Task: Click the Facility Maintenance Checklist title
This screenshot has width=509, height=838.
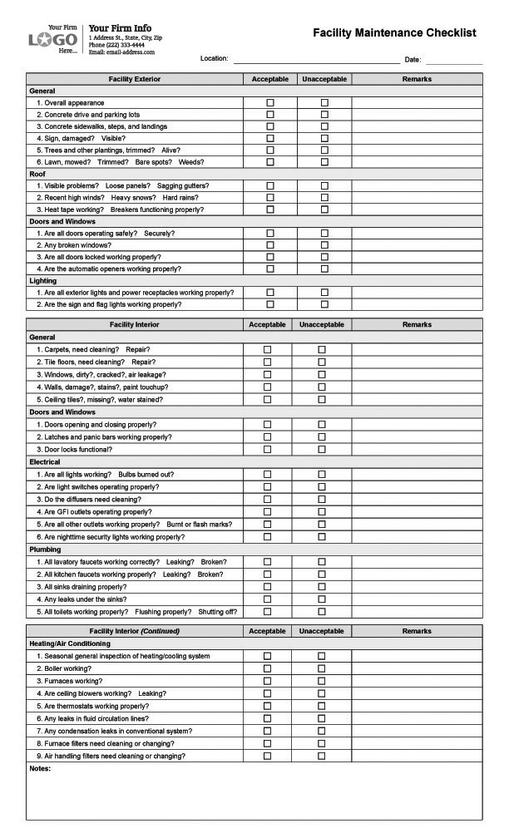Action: [394, 33]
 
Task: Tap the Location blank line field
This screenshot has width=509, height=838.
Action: [316, 59]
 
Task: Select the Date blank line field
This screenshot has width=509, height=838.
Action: [454, 59]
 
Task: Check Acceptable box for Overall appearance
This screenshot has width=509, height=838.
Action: [269, 103]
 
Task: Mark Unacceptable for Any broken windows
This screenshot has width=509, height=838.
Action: [324, 245]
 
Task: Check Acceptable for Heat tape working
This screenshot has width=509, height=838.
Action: [269, 209]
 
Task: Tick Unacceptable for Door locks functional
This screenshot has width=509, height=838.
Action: [322, 450]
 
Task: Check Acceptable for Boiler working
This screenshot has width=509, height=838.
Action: [267, 668]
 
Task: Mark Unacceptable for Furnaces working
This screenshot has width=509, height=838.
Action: [322, 681]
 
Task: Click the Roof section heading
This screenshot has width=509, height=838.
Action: [37, 174]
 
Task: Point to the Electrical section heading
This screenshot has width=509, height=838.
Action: [45, 461]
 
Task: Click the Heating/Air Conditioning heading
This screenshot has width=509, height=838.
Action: [70, 643]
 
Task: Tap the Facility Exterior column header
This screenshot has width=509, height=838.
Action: [135, 79]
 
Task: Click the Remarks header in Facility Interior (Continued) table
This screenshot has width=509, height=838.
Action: [417, 631]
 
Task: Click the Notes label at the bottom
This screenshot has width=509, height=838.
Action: [40, 768]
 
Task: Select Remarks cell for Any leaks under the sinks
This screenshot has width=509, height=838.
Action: [417, 599]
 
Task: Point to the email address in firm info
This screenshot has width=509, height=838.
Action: [121, 52]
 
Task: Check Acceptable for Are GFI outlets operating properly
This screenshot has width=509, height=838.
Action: [267, 512]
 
